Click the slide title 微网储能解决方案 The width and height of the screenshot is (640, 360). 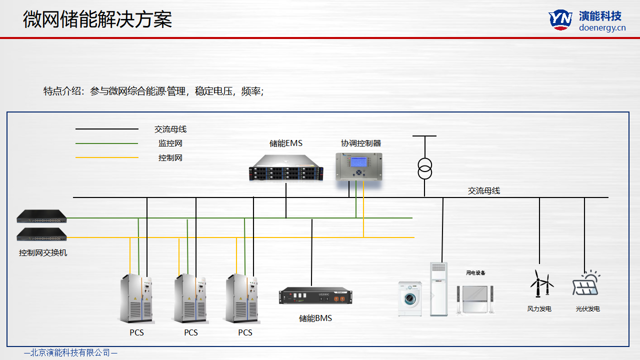coord(97,20)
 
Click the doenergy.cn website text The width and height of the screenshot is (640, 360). coord(602,28)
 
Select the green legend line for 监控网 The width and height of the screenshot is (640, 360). coord(106,143)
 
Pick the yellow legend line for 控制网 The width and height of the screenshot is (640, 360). coord(106,158)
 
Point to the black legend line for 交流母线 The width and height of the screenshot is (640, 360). coord(106,129)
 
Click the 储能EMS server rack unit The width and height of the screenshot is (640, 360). coord(286,167)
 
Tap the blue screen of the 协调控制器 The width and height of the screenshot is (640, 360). coord(358,162)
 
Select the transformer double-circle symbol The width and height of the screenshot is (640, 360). coord(424,168)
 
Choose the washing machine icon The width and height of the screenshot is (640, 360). coord(409,298)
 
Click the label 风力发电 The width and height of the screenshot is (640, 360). coord(539,309)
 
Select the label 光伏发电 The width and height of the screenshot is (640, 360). coord(587,309)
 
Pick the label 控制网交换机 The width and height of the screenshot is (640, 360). coord(43,252)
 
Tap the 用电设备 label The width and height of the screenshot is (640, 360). coord(475,273)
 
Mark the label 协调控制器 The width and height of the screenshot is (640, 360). coord(361,143)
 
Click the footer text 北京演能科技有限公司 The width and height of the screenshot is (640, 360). coord(70,352)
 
